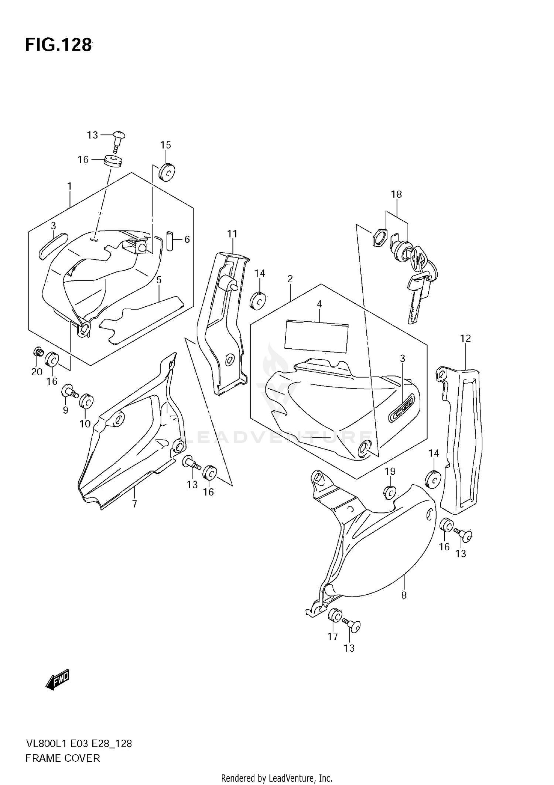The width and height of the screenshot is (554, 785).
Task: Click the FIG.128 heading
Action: [58, 45]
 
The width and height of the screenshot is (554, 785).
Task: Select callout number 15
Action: [165, 145]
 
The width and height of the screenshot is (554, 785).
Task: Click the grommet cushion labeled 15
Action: [167, 172]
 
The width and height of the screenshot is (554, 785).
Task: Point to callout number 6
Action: [187, 240]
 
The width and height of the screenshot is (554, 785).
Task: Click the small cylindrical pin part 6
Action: [170, 241]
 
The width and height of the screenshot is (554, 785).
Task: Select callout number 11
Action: [232, 234]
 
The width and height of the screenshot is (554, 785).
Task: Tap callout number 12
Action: [465, 338]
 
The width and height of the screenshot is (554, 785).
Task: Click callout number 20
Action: [37, 372]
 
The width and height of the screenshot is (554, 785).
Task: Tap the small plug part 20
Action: [37, 351]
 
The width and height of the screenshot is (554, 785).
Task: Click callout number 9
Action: [65, 410]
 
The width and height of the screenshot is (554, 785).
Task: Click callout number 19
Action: [390, 472]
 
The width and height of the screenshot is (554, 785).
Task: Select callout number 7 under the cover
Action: [134, 504]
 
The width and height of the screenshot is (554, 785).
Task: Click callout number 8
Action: [404, 595]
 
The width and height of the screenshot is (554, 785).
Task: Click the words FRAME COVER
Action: [63, 758]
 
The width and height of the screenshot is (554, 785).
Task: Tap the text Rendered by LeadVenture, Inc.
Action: [277, 778]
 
